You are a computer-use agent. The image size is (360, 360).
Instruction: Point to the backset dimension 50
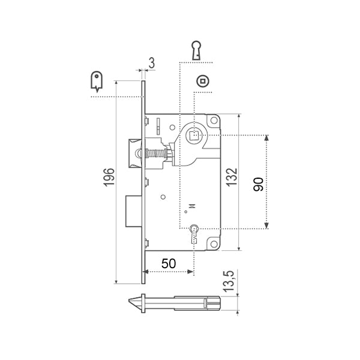click(170, 262)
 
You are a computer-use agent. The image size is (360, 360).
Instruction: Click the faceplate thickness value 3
click(152, 61)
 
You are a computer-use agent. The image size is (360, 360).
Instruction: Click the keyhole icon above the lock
click(196, 50)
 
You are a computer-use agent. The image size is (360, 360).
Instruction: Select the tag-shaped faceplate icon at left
click(96, 81)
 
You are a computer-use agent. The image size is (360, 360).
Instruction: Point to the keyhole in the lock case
click(194, 230)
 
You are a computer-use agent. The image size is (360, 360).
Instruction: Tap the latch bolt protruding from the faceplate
click(134, 154)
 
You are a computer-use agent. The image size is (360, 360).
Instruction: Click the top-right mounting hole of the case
click(212, 122)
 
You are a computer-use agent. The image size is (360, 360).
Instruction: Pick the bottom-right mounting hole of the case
click(213, 243)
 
